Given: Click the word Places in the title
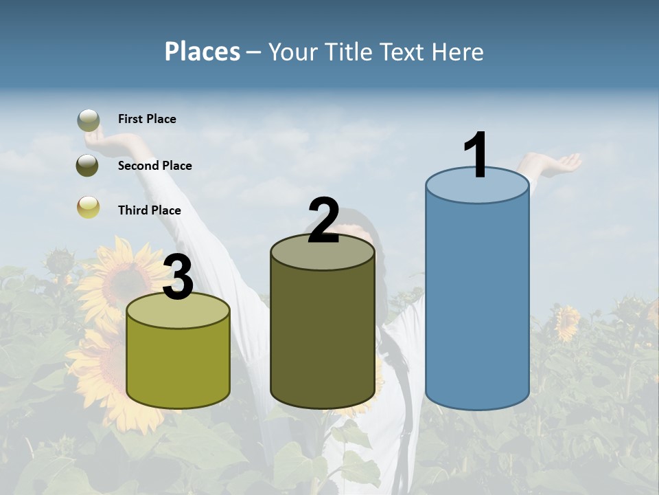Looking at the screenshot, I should (202, 52).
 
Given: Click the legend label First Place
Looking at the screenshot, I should (147, 119).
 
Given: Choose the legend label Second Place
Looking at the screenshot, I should (154, 166).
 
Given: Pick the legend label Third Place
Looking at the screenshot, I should (149, 210).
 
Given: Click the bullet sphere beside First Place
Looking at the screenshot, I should (88, 120).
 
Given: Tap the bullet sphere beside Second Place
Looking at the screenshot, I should (88, 166).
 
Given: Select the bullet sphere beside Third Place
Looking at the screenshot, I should (88, 207).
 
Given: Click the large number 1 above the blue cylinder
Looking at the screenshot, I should (476, 155).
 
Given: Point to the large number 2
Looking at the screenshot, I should (323, 221).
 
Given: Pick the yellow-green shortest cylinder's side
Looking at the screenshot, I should (178, 364).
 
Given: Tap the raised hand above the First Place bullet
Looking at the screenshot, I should (110, 140).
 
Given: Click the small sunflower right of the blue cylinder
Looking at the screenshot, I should (567, 323).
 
